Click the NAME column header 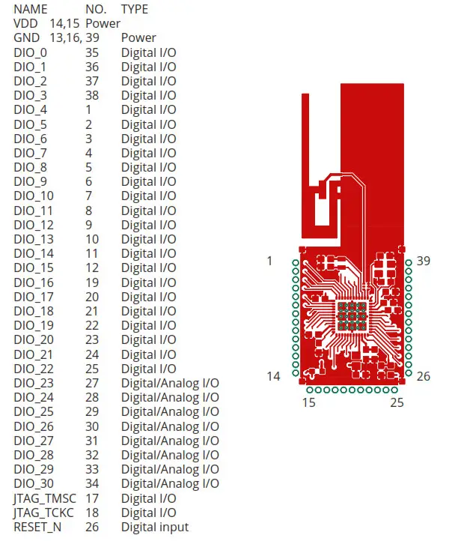31,9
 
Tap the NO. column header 96,9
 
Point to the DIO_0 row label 30,52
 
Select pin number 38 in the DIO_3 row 92,95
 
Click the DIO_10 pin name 34,196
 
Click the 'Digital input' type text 155,527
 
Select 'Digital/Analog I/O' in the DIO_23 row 170,383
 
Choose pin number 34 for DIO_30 92,483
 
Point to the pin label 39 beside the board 424,261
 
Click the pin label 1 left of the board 269,261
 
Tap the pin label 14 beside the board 273,376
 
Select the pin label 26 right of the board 424,376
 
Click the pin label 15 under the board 309,403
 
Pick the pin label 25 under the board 397,403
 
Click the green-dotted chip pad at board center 351,316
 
